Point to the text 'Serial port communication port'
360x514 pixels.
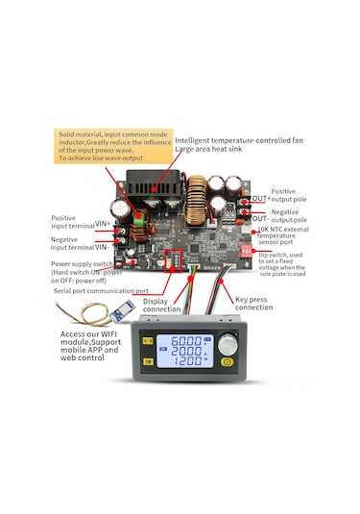click(x=101, y=290)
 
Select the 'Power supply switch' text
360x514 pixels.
click(x=82, y=262)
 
